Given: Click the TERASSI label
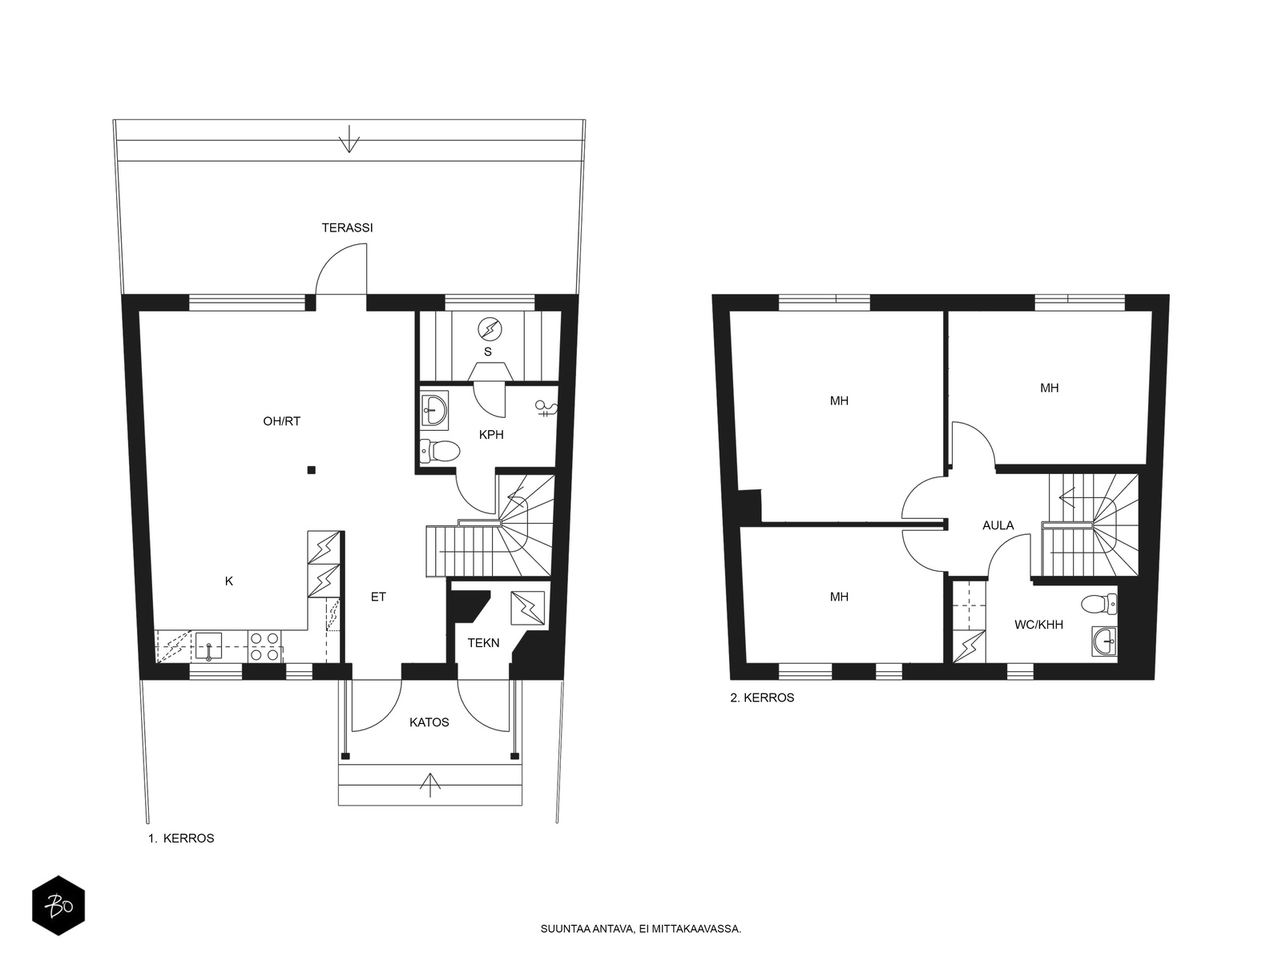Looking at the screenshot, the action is (347, 227).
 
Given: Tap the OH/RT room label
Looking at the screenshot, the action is (281, 421).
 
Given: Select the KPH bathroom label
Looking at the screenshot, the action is (491, 435).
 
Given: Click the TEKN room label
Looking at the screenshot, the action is (484, 643).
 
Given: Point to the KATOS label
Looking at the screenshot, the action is (429, 722).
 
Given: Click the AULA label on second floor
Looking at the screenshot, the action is (998, 525).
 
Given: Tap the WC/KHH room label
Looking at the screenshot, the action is (1039, 625).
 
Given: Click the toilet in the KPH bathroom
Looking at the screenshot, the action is (440, 450).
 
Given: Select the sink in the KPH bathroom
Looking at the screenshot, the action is (434, 408).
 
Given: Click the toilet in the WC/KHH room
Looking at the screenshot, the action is (1099, 604).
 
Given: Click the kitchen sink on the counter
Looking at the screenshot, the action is (208, 647).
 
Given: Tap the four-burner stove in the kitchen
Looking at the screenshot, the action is (265, 646).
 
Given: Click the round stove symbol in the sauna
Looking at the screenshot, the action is (490, 329).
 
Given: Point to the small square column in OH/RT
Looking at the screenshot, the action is (312, 470).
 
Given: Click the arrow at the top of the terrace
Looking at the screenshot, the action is (349, 139).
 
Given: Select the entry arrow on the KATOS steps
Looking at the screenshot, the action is (430, 785).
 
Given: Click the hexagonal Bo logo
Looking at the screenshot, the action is (58, 906).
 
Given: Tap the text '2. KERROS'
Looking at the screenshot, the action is (762, 698).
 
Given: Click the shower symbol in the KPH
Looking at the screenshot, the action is (547, 408).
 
